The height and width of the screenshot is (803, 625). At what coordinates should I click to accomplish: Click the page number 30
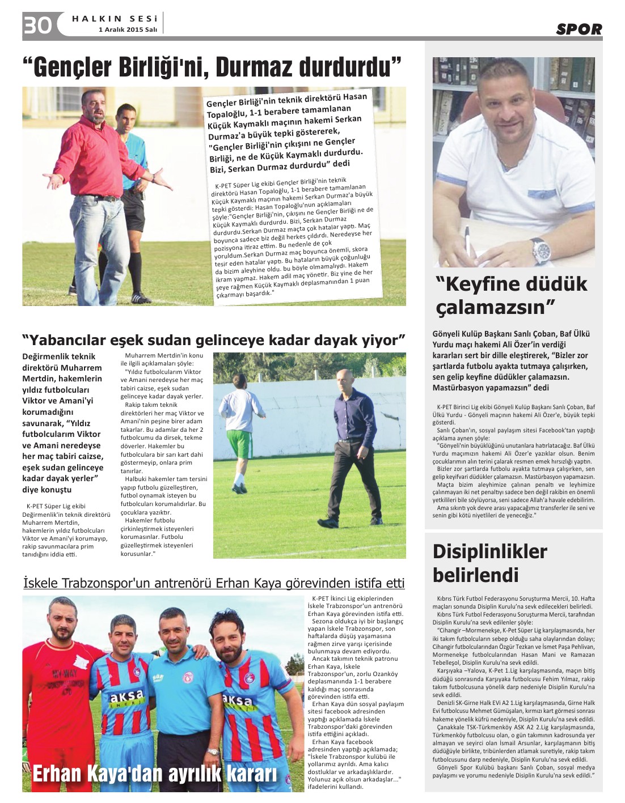click(x=38, y=26)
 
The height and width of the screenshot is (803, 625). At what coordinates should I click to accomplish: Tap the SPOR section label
click(x=578, y=29)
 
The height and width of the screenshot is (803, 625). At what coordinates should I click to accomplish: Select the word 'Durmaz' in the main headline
click(x=255, y=67)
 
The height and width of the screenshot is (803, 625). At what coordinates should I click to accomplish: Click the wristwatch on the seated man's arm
click(x=540, y=250)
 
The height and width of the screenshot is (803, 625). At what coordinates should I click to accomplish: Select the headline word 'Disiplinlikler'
click(x=490, y=551)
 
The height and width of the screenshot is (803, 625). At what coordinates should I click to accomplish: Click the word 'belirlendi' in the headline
click(x=476, y=575)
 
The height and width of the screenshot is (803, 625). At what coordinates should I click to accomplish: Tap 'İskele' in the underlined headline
click(x=42, y=584)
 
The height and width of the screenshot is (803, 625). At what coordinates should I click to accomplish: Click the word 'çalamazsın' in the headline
click(x=494, y=308)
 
